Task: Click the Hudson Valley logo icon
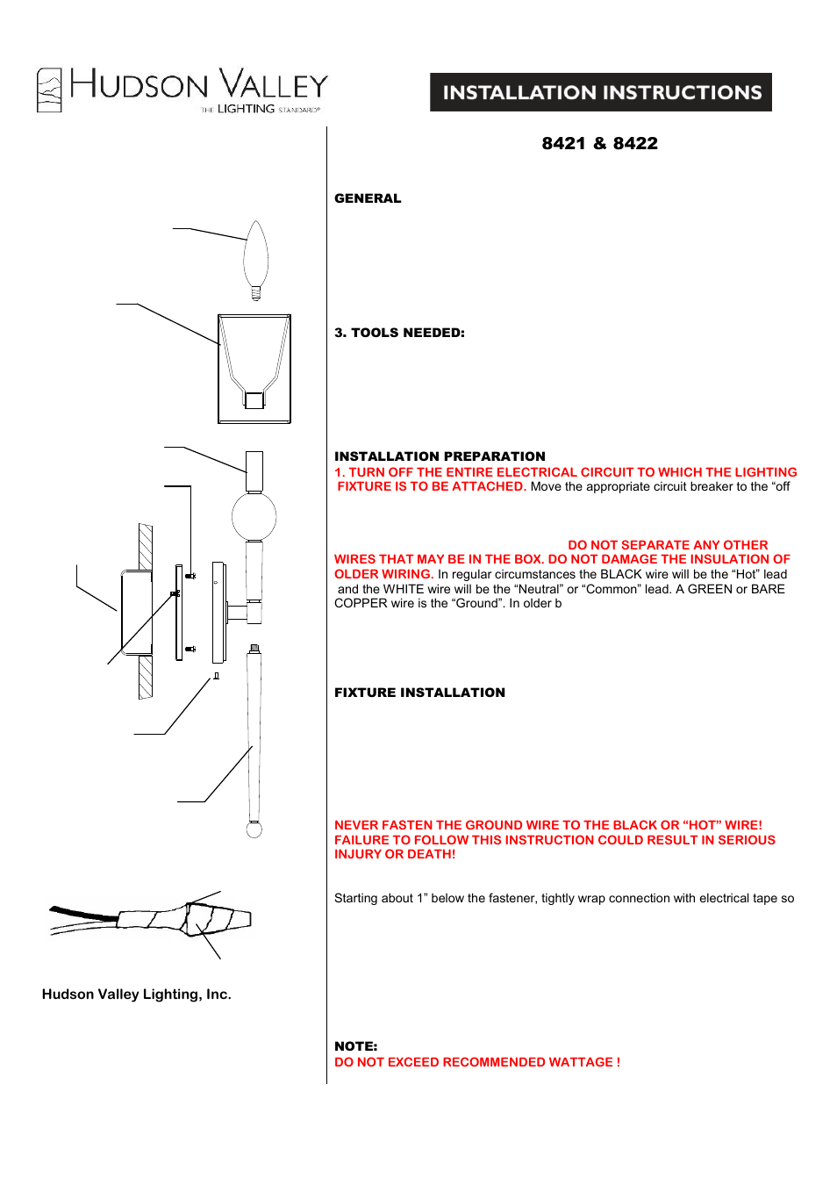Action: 49,90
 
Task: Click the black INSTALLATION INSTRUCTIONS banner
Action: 601,92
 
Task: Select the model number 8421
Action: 563,144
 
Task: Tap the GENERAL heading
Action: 368,198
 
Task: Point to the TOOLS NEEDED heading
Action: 399,333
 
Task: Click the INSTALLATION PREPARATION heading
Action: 440,456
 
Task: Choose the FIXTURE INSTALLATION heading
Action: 419,693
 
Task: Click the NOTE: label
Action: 355,1046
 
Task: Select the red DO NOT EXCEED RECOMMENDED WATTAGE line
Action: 476,1062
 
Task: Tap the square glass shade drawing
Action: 254,369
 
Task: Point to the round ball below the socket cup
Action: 254,516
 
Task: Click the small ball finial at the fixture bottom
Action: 254,829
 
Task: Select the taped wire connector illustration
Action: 189,919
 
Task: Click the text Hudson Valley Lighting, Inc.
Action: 136,995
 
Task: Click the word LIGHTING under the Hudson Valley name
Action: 246,109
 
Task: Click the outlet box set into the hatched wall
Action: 136,612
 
